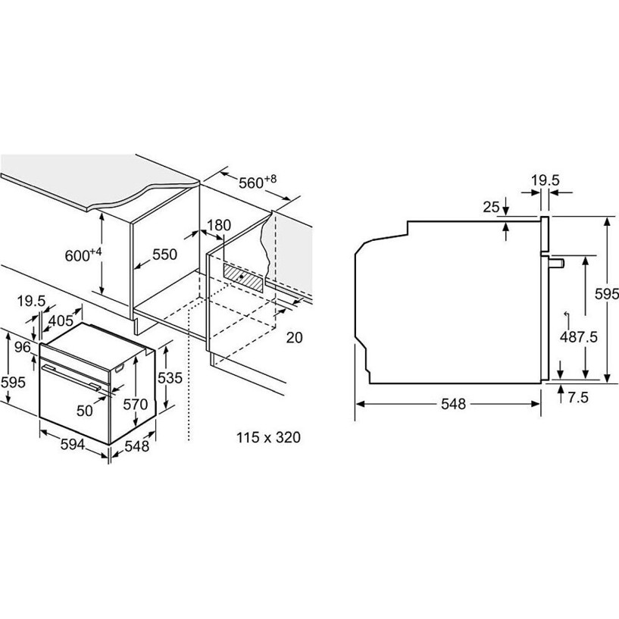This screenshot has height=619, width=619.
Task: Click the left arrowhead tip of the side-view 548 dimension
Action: coord(356,404)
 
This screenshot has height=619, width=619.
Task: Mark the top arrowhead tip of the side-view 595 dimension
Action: coord(608,217)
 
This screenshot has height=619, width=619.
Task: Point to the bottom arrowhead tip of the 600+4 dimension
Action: coord(102,295)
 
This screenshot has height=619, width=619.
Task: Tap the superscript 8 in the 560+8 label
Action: coord(273,178)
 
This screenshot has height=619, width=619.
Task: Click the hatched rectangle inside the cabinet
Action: coord(242,277)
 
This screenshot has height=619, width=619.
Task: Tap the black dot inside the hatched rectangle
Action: coord(241,277)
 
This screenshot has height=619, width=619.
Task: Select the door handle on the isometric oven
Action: coord(71,377)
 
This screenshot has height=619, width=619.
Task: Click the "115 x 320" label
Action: coord(268,437)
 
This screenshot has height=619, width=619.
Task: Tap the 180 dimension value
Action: coord(219,225)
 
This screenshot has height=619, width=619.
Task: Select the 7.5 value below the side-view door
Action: coord(578,398)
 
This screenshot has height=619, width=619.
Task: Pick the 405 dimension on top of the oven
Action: coord(61,320)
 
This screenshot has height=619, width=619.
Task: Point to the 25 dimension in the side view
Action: coord(492,208)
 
